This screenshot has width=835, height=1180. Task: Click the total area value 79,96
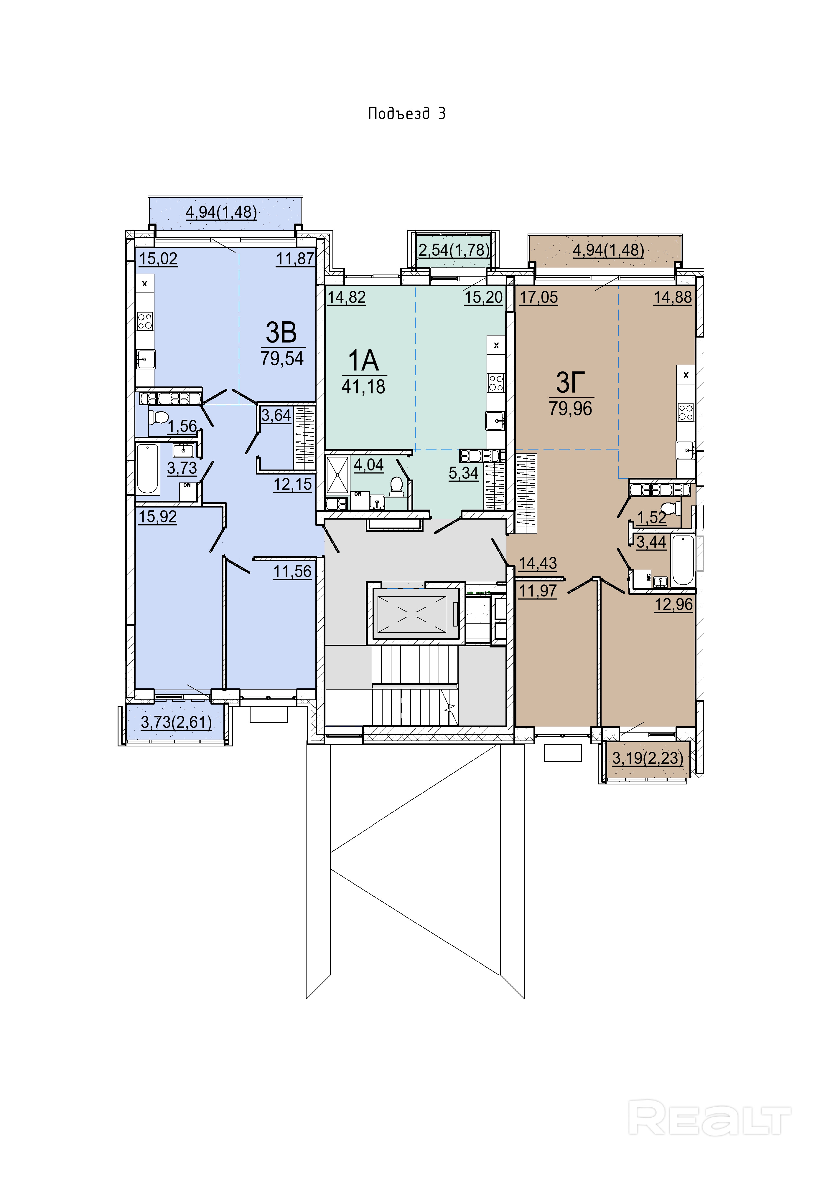pyautogui.click(x=570, y=409)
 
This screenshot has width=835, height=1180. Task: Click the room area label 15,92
pyautogui.click(x=157, y=516)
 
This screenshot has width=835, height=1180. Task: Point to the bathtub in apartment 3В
pyautogui.click(x=148, y=469)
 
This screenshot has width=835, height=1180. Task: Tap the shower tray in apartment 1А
pyautogui.click(x=337, y=474)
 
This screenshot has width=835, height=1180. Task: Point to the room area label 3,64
pyautogui.click(x=276, y=415)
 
